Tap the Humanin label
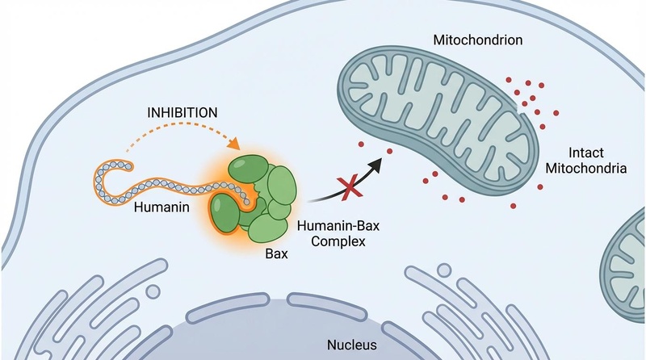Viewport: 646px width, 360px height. [x=161, y=208]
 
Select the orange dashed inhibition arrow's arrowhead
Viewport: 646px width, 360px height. [x=236, y=145]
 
